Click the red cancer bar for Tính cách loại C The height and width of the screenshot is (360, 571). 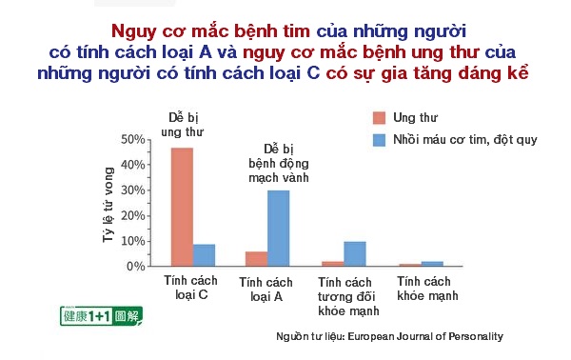point(181,207)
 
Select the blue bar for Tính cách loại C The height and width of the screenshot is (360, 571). point(204,255)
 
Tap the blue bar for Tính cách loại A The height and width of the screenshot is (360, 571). point(278,229)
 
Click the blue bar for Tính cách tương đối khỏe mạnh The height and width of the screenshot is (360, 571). point(354,254)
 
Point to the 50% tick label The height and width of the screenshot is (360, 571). point(131,140)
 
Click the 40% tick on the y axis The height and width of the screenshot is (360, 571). point(131,165)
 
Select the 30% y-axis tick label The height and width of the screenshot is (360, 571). point(131,190)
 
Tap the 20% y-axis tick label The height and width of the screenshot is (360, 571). point(131,216)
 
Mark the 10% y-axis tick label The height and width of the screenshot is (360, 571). point(131,241)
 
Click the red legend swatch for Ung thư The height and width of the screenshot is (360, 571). point(377,118)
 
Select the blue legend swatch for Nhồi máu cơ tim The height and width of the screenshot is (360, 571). point(377,140)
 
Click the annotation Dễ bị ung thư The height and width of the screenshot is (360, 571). point(182,123)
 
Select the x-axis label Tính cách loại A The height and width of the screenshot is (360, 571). point(266,289)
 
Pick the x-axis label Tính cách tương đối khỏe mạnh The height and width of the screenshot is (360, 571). point(345,296)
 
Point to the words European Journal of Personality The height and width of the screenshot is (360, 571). point(424,336)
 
